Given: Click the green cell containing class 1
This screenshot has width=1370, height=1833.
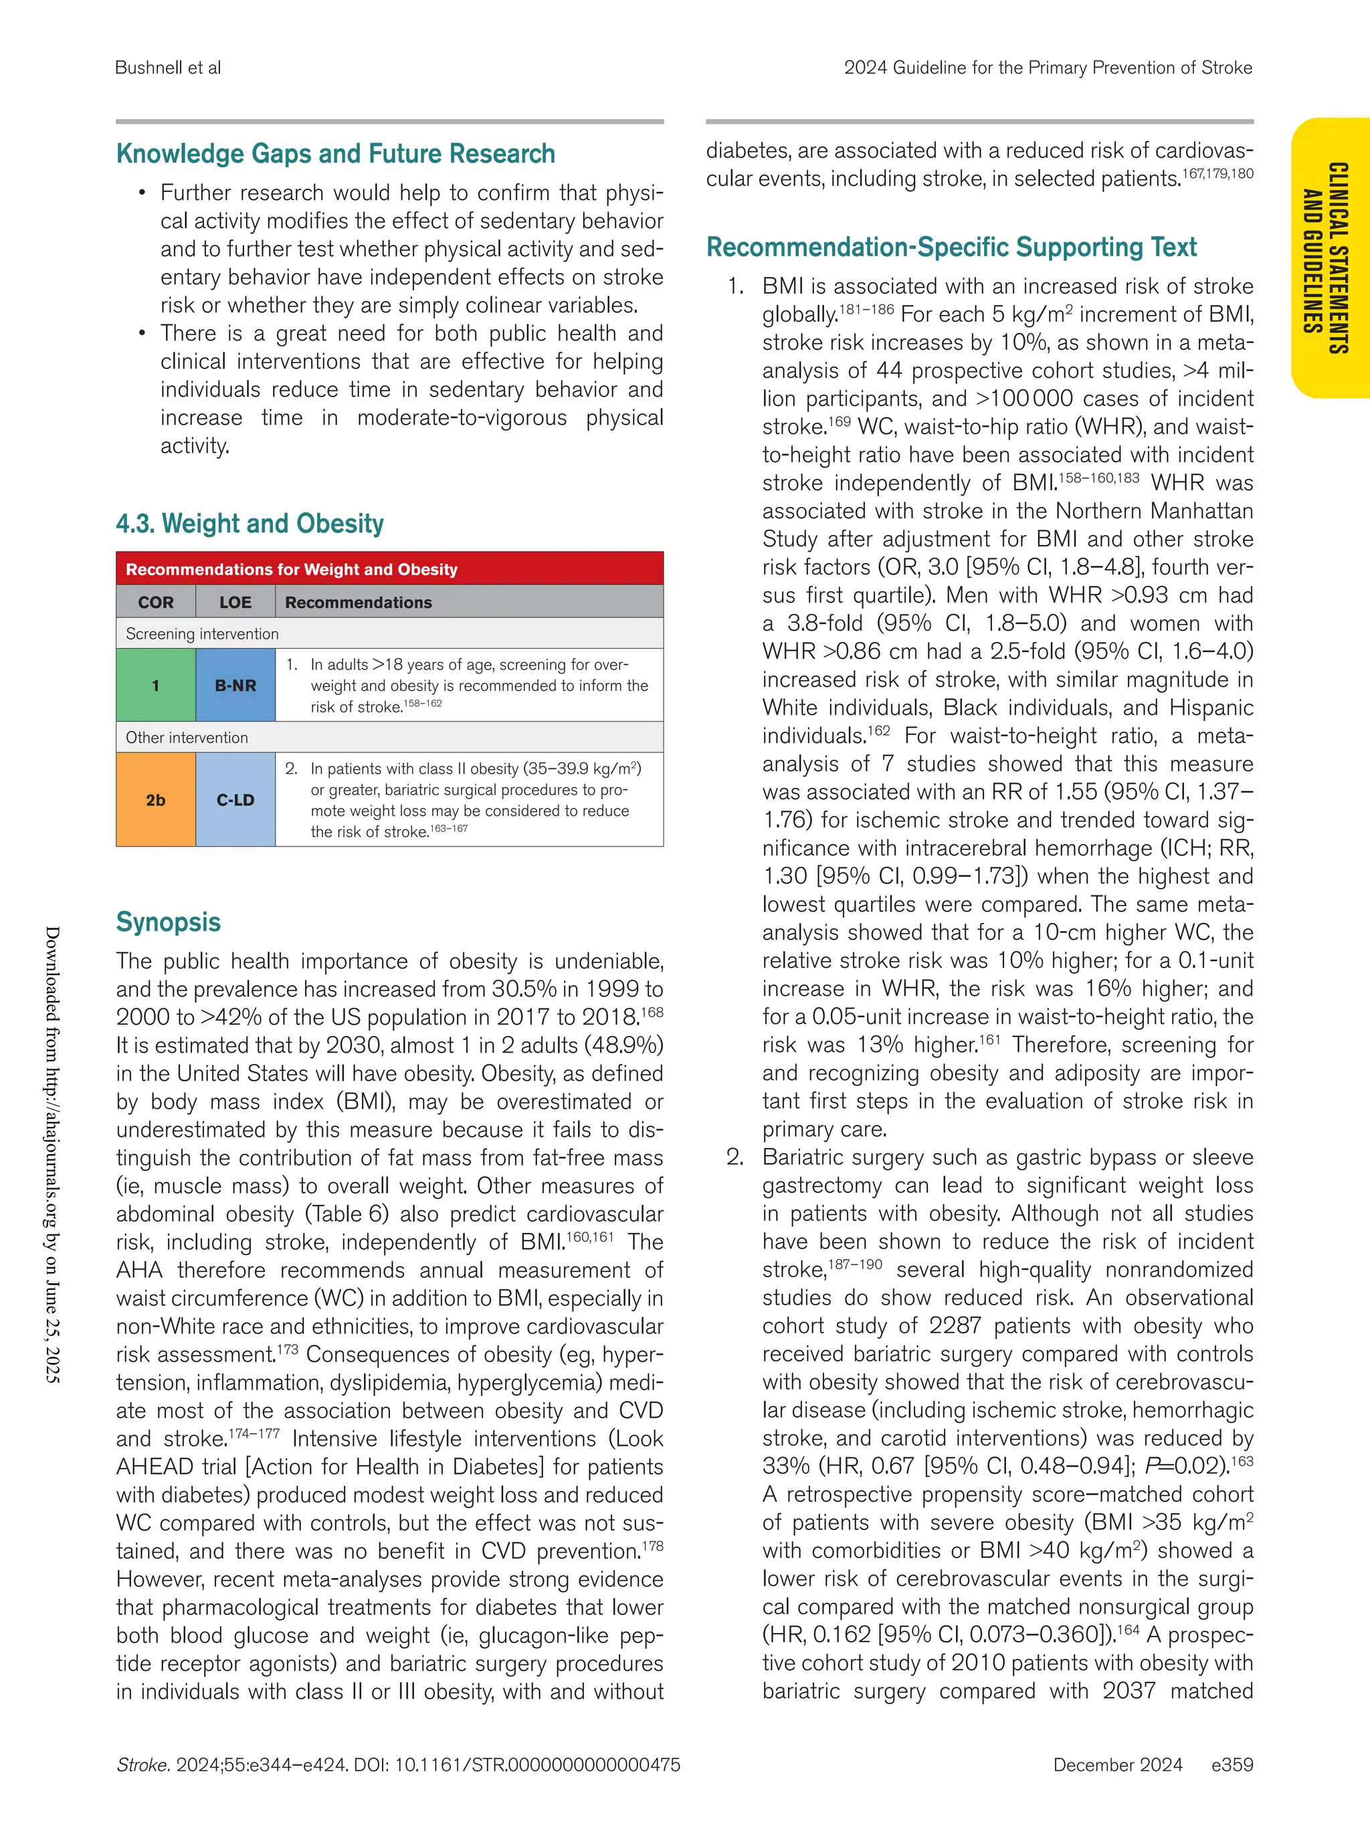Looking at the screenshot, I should [x=156, y=685].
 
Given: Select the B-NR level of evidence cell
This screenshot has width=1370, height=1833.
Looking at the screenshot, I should [x=235, y=685].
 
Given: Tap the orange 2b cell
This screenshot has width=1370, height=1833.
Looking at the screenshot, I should [x=156, y=800].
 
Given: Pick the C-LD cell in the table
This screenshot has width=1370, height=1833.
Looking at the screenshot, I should [x=235, y=800].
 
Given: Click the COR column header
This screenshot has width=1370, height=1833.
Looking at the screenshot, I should [x=156, y=603].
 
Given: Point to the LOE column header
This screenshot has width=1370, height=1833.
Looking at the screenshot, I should [x=235, y=603].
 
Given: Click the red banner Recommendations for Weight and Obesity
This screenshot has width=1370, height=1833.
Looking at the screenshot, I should [x=292, y=569].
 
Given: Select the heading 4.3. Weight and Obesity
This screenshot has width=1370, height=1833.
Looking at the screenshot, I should [x=250, y=524].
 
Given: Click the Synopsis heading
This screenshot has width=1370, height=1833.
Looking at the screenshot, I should [x=169, y=922].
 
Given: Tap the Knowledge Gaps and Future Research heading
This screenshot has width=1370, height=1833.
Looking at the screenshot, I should [x=336, y=154].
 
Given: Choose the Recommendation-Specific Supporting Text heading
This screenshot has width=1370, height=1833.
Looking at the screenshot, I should [x=951, y=247].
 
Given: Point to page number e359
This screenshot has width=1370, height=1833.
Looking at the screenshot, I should [x=1232, y=1765].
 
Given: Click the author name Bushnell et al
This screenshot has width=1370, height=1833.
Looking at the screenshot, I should [x=169, y=68].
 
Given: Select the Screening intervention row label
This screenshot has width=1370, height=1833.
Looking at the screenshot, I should [x=202, y=634].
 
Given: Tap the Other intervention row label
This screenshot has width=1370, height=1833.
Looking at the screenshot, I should [x=187, y=738].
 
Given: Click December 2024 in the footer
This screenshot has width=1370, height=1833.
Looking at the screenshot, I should [x=1117, y=1765].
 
